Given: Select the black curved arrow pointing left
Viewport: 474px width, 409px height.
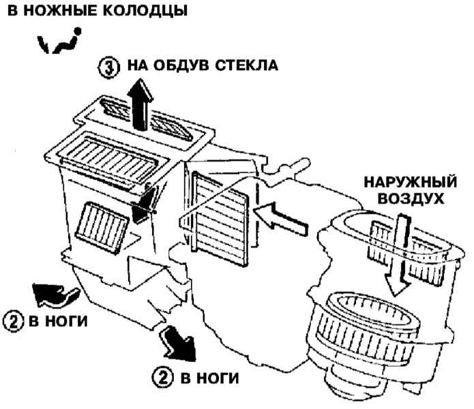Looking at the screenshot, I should tap(55, 294).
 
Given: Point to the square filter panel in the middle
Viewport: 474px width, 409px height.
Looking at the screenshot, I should tap(218, 211).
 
